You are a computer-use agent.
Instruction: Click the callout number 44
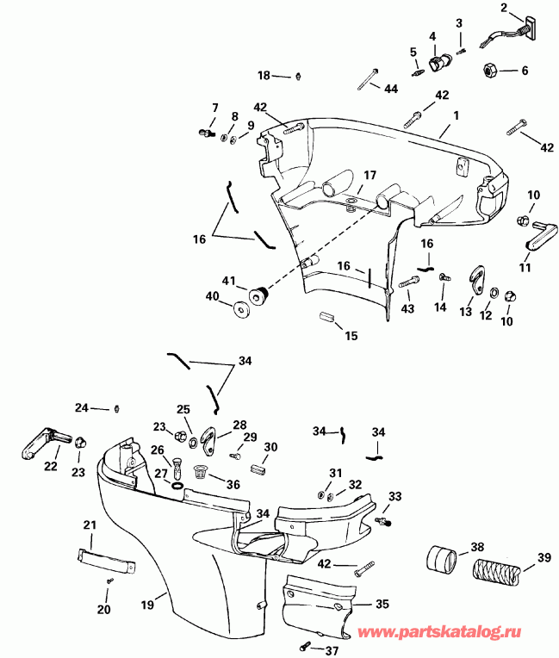pos(390,90)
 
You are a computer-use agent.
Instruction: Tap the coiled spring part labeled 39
pos(493,570)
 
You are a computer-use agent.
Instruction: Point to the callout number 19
pos(147,605)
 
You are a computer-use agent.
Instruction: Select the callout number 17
pos(369,175)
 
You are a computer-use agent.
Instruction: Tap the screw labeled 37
pos(305,646)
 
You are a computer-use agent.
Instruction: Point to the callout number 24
pos(81,407)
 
